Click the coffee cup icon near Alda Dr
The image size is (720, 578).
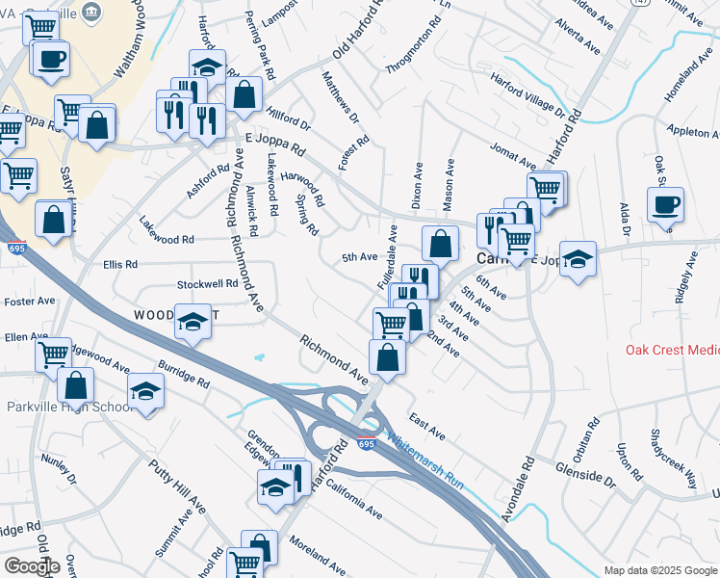[x=665, y=205]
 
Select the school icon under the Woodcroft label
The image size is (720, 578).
[x=193, y=322]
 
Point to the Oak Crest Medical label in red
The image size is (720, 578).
[x=672, y=350]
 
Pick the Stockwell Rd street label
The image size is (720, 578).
[x=207, y=284]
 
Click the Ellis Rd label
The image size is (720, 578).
[x=119, y=263]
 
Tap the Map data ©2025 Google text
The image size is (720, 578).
[x=659, y=570]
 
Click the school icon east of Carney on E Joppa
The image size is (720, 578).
[x=578, y=259]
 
